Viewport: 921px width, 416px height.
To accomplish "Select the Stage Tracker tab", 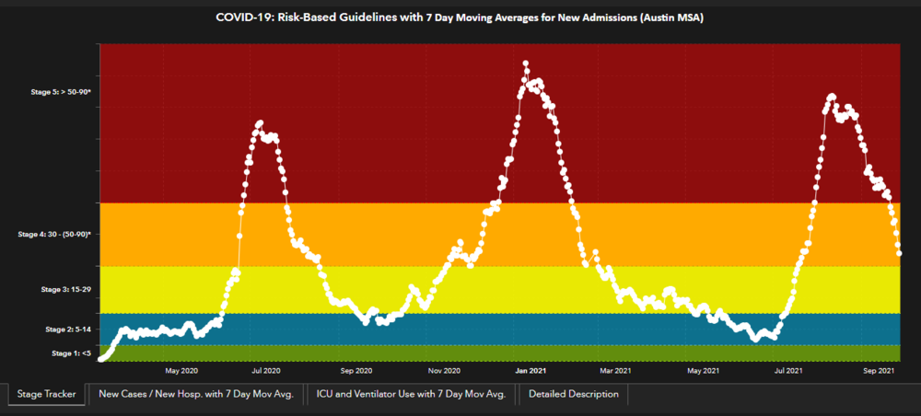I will click(47, 395).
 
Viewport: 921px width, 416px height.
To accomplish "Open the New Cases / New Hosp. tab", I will click(195, 395).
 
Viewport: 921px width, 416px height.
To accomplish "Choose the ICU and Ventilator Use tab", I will click(411, 395).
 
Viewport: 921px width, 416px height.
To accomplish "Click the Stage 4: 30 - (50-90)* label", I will click(54, 235).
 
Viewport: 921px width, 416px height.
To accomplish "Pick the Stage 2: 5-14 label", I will click(67, 329).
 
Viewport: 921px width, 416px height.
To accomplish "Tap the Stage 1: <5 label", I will click(72, 352).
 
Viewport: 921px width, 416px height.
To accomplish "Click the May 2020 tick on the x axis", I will click(181, 371).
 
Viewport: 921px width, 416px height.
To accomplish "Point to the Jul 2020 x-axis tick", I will click(266, 371).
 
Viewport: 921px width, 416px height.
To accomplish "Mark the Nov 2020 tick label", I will click(446, 371).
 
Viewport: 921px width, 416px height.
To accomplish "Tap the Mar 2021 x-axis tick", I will click(615, 371).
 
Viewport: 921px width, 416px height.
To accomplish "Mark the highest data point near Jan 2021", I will click(526, 64).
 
